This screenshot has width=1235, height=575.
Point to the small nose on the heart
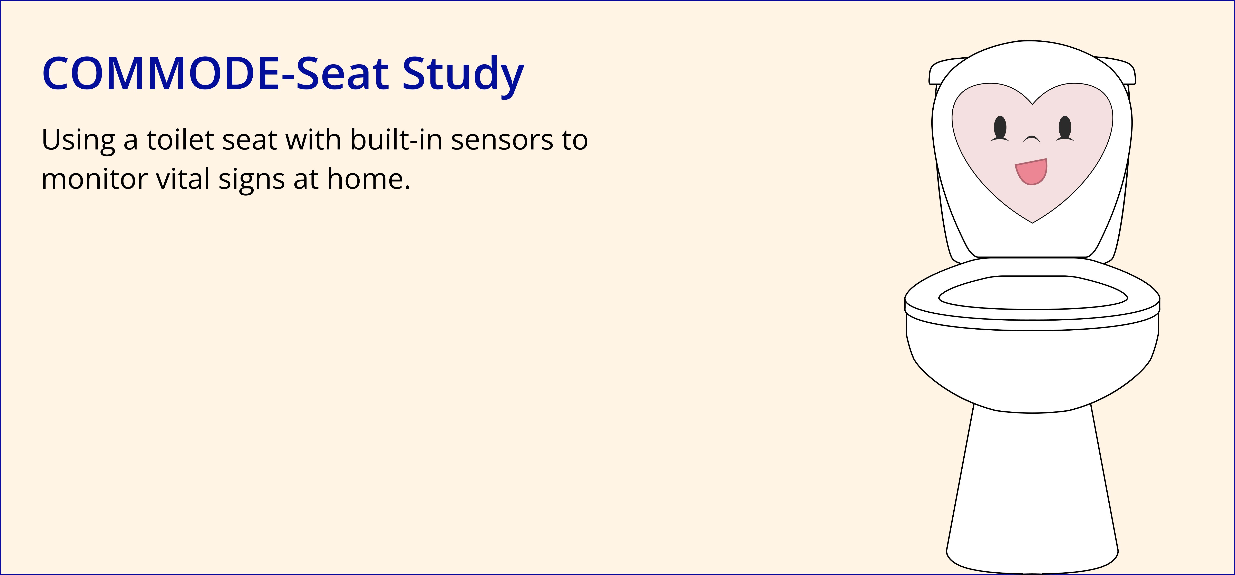click(1032, 139)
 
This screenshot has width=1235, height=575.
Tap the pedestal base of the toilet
click(1032, 489)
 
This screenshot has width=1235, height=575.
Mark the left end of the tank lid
click(930, 77)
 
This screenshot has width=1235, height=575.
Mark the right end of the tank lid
click(1135, 77)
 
